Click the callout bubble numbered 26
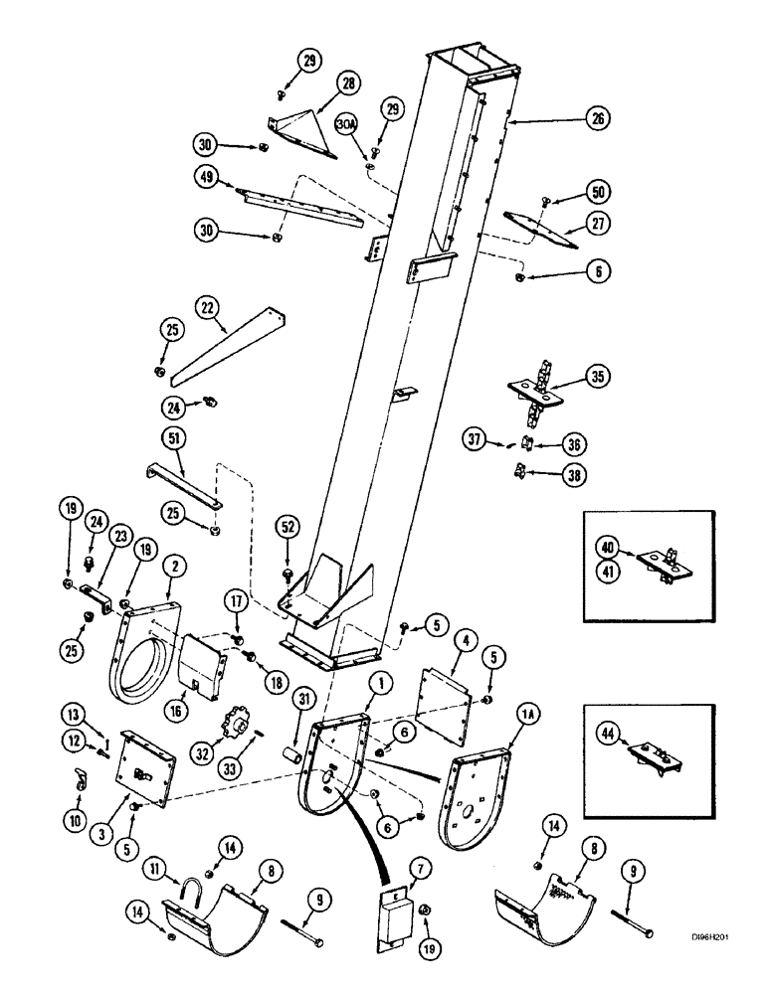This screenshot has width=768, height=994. pyautogui.click(x=596, y=120)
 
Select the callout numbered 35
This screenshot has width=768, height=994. pyautogui.click(x=598, y=377)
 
